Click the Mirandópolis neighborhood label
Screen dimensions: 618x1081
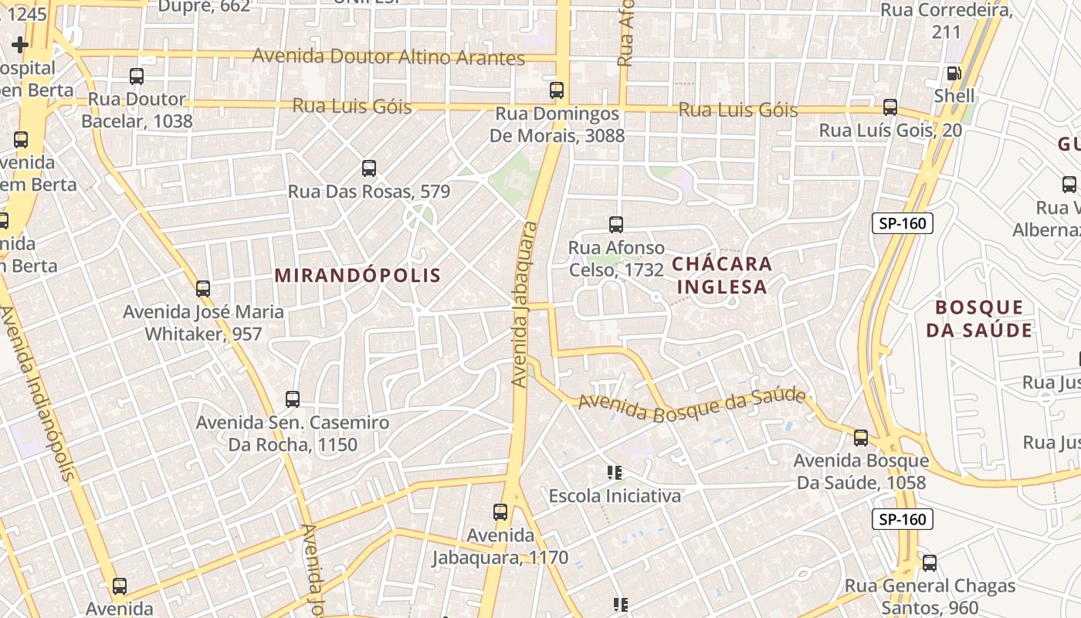[x=358, y=275]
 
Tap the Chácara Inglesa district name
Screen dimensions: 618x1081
[x=721, y=275]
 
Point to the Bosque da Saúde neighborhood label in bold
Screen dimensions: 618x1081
[x=979, y=319]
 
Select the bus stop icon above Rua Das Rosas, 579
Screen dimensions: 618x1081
[x=369, y=168]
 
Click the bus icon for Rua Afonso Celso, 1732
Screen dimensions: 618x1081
[x=615, y=225]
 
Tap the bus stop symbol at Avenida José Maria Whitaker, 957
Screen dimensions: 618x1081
[x=203, y=289]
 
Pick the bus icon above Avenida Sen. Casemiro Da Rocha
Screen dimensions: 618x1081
[x=292, y=399]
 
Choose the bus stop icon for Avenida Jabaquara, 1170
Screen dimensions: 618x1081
[x=500, y=511]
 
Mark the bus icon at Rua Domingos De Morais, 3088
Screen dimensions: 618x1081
[x=557, y=90]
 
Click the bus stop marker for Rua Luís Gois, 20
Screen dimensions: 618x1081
[x=890, y=107]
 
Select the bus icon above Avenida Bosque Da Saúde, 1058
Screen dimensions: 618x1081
[x=861, y=438]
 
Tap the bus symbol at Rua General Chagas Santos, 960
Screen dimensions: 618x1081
[x=930, y=563]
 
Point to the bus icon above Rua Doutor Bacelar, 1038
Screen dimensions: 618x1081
[x=137, y=76]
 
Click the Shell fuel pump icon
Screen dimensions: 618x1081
[x=954, y=73]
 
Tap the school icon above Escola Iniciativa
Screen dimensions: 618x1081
[x=615, y=472]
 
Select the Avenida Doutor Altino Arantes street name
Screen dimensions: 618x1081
[x=388, y=57]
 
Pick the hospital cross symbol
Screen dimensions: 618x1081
[x=20, y=45]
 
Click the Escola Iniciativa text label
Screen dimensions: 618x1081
[x=615, y=496]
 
